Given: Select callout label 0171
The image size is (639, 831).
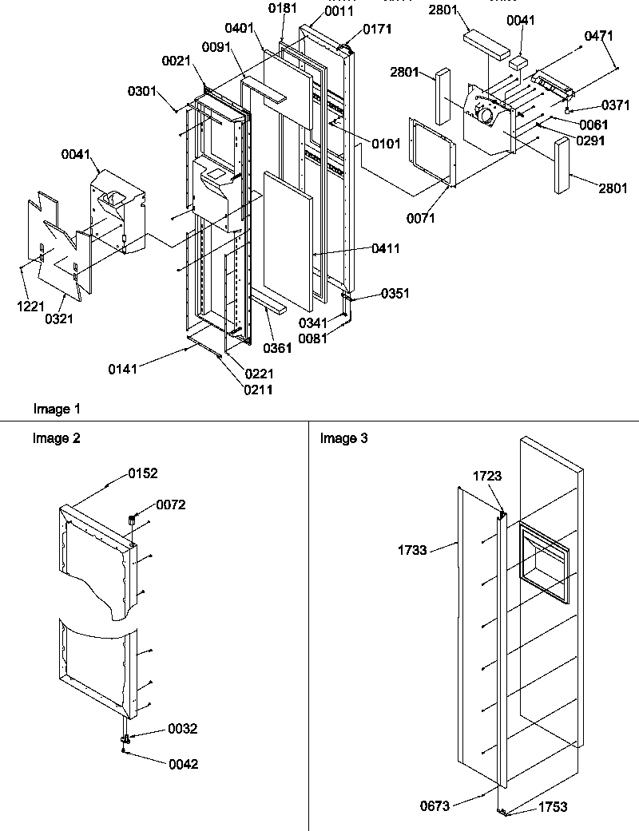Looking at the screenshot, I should point(377,30).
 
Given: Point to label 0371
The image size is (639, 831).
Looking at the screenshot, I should point(593,106).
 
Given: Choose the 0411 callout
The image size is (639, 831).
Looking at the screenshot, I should point(385,249).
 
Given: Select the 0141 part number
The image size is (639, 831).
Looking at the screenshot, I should point(123,368).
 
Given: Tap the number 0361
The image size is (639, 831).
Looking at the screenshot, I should point(276,348).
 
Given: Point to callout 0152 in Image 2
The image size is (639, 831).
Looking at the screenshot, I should point(143,473).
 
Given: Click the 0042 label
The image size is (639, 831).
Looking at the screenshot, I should point(183,764).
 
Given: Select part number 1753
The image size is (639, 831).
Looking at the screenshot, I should point(552,806).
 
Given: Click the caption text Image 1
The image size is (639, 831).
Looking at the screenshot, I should point(57,410).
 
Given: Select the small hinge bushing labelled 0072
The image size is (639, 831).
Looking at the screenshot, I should point(130,521).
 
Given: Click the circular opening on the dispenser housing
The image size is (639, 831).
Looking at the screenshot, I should point(485,115).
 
